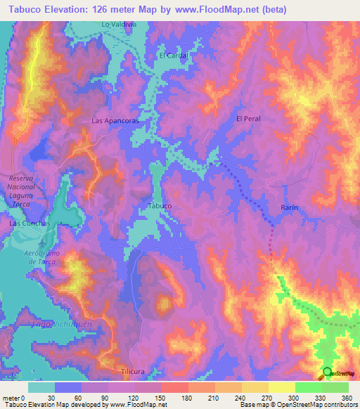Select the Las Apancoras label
(x=115, y=121)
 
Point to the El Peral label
(x=248, y=119)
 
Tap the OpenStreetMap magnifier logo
(x=327, y=372)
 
